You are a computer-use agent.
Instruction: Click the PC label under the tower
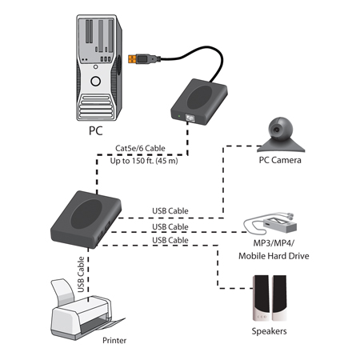pos(96,130)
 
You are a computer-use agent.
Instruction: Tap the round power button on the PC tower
pos(95,81)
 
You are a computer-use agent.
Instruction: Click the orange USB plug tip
pos(132,59)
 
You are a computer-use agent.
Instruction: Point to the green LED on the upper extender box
pos(179,116)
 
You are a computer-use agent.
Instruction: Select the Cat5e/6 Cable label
pos(140,148)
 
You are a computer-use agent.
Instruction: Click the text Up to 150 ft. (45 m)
pos(144,161)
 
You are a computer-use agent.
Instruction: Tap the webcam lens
pos(277,130)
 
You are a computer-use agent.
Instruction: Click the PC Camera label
pos(280,160)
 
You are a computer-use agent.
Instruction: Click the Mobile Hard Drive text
pos(274,256)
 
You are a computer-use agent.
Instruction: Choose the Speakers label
pos(269,331)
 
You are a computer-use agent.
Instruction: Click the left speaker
pos(261,298)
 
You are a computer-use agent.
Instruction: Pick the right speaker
pos(279,298)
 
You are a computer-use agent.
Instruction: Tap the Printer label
pos(114,340)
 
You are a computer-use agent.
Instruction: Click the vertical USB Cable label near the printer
pos(81,274)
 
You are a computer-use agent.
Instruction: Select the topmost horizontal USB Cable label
pos(170,211)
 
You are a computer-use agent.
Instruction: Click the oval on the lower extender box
pos(86,214)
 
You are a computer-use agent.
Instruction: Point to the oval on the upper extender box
pos(199,97)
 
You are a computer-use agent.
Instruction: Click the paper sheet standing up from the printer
pos(63,291)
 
